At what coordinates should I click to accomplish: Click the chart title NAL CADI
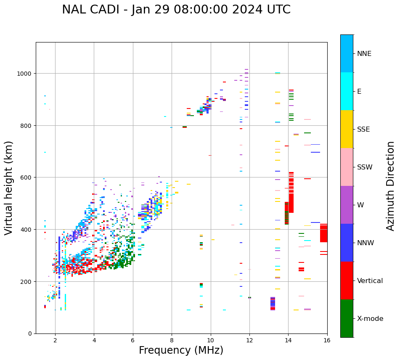93,10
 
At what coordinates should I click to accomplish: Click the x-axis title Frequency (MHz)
181,350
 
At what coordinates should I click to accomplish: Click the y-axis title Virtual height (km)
9,188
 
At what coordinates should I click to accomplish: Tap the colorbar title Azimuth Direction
391,186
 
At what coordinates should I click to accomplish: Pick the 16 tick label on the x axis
327,341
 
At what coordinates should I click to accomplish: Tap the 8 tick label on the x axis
172,341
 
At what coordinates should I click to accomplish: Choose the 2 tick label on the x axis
55,341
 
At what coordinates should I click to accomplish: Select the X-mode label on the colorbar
370,319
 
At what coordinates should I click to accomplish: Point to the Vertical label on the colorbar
370,281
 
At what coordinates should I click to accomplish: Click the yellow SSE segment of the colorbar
347,129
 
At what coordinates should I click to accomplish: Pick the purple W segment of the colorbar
347,205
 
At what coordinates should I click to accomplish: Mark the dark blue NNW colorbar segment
347,243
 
